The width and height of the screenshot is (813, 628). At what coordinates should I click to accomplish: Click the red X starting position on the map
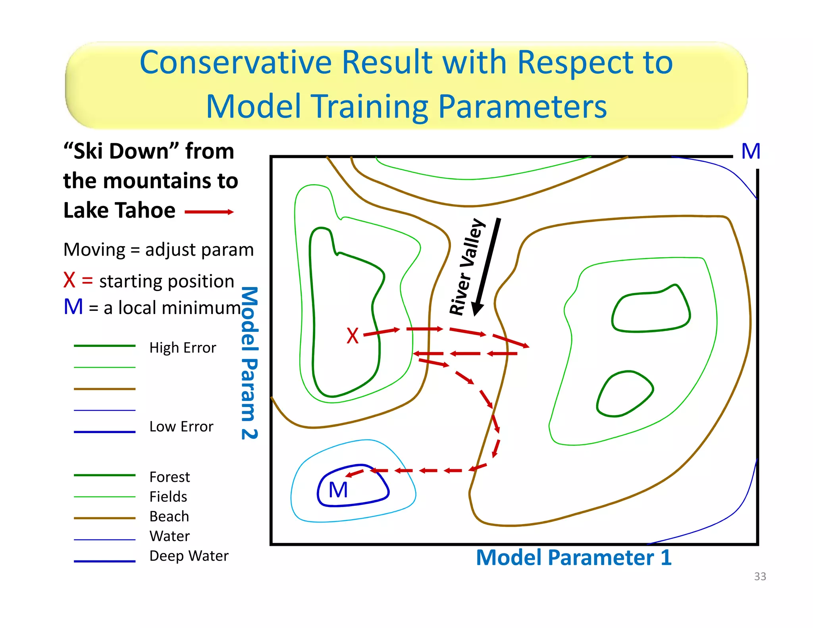[x=352, y=336]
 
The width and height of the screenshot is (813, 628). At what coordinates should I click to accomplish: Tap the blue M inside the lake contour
[x=338, y=490]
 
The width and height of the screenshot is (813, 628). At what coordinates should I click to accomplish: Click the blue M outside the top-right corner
[x=751, y=151]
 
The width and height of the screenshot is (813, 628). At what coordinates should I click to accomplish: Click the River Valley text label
[x=467, y=267]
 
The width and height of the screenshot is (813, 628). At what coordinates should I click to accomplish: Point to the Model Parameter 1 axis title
[x=573, y=557]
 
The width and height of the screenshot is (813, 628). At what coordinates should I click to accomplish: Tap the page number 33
[x=760, y=576]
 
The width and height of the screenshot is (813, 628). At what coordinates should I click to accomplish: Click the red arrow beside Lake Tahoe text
[x=209, y=212]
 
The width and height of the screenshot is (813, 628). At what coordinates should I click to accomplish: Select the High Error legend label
[x=183, y=348]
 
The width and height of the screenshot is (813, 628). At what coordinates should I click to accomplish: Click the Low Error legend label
[x=181, y=427]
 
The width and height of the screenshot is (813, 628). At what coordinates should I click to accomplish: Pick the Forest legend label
[x=170, y=477]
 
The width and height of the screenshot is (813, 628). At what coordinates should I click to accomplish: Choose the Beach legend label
[x=169, y=516]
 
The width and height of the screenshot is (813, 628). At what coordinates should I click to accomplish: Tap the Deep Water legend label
[x=189, y=556]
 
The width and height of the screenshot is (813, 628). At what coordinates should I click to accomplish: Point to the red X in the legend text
[x=69, y=280]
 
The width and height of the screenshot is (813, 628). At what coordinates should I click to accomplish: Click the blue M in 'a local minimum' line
[x=73, y=307]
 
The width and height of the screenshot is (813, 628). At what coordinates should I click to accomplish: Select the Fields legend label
[x=168, y=497]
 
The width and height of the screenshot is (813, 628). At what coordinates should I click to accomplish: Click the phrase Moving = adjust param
[x=158, y=250]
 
